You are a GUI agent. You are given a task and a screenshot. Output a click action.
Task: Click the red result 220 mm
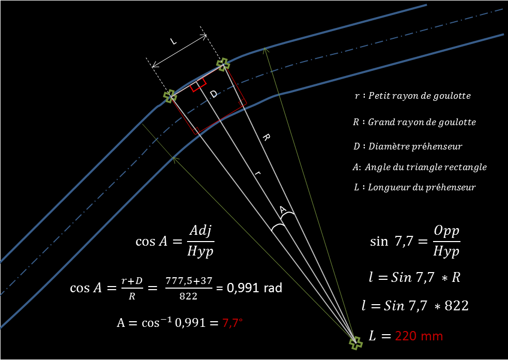tap(419, 336)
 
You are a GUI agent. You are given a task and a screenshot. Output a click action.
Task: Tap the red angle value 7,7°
tap(233, 322)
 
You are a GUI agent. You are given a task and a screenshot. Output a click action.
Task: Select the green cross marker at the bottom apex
tap(355, 342)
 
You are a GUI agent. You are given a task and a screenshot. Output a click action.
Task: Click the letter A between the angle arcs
tap(282, 209)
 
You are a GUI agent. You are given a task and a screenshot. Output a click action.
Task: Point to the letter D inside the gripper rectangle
tap(213, 94)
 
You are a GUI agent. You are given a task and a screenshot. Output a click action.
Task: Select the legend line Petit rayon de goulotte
tap(413, 96)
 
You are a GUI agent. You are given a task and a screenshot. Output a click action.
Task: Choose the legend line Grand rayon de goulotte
tap(414, 123)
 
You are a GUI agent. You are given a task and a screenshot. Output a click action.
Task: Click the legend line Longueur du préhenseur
tap(414, 187)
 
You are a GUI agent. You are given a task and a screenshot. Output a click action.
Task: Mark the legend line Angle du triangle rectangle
tap(419, 167)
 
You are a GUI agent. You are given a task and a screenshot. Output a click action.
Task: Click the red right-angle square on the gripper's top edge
tap(198, 86)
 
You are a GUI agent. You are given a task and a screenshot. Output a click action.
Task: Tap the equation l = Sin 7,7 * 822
tap(415, 305)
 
